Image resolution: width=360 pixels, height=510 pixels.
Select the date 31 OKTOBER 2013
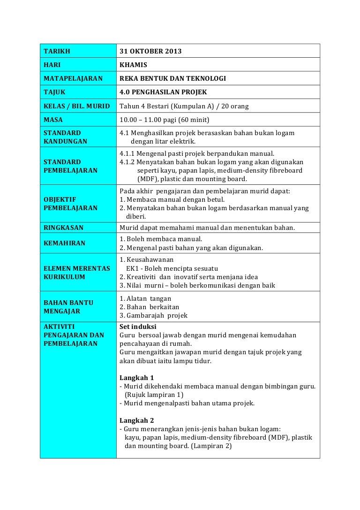[x=150, y=51]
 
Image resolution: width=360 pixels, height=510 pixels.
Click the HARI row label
[x=52, y=65]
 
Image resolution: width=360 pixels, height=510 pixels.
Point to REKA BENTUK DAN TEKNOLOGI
[x=172, y=78]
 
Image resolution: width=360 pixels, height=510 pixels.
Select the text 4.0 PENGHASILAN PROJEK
[x=163, y=92]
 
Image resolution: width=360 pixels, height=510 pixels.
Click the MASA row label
[x=53, y=120]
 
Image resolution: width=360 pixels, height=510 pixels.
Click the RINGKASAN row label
[x=63, y=228]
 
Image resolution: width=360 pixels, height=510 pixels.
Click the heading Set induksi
[x=138, y=327]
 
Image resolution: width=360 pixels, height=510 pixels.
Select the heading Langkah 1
[x=136, y=378]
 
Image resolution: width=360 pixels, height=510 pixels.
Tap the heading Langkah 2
[x=136, y=420]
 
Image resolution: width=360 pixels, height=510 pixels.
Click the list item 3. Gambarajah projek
[x=153, y=315]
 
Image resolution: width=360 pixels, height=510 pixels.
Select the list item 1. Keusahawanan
[x=146, y=259]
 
